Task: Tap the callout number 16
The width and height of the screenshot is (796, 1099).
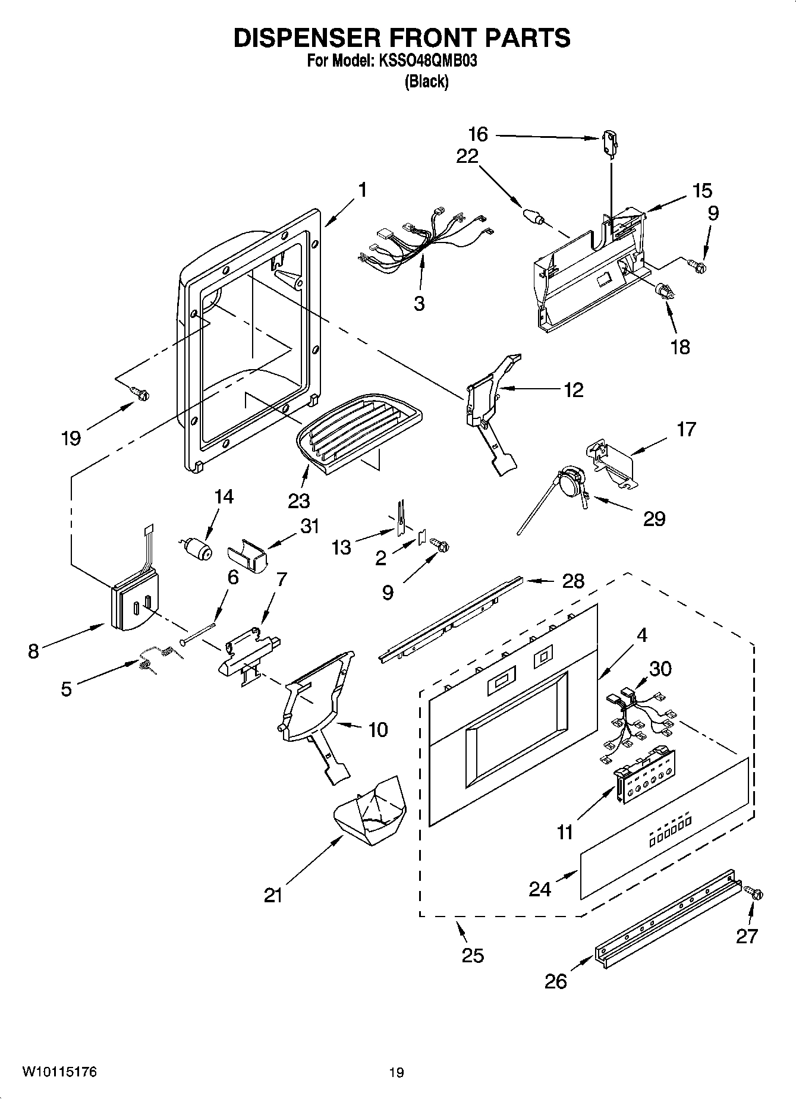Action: click(x=477, y=134)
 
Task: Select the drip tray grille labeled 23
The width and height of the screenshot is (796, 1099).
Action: click(x=358, y=434)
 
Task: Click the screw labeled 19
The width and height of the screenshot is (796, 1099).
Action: click(x=141, y=392)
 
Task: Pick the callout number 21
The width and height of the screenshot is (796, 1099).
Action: click(x=273, y=895)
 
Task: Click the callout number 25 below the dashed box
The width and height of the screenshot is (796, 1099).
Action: click(x=473, y=955)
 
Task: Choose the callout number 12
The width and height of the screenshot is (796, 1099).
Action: click(x=573, y=390)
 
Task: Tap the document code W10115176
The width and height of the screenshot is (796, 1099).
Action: click(x=59, y=1072)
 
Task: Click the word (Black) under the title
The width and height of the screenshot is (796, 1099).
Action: click(x=426, y=81)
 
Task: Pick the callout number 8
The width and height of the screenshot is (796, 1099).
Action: click(x=33, y=651)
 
